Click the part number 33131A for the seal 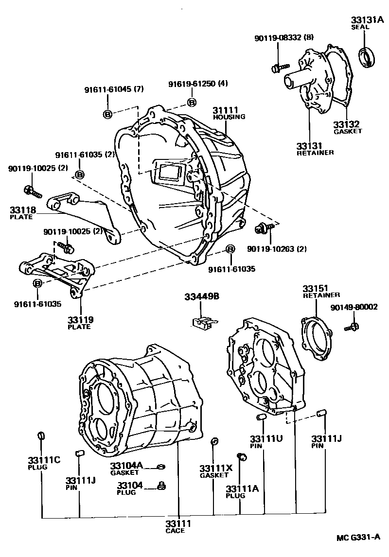[x=368, y=20]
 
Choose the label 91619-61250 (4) [x=198, y=84]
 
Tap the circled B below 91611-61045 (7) [x=108, y=113]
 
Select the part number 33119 [x=80, y=320]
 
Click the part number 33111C [x=43, y=460]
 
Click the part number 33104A [x=126, y=465]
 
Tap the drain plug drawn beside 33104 [x=163, y=486]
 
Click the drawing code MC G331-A [x=359, y=538]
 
